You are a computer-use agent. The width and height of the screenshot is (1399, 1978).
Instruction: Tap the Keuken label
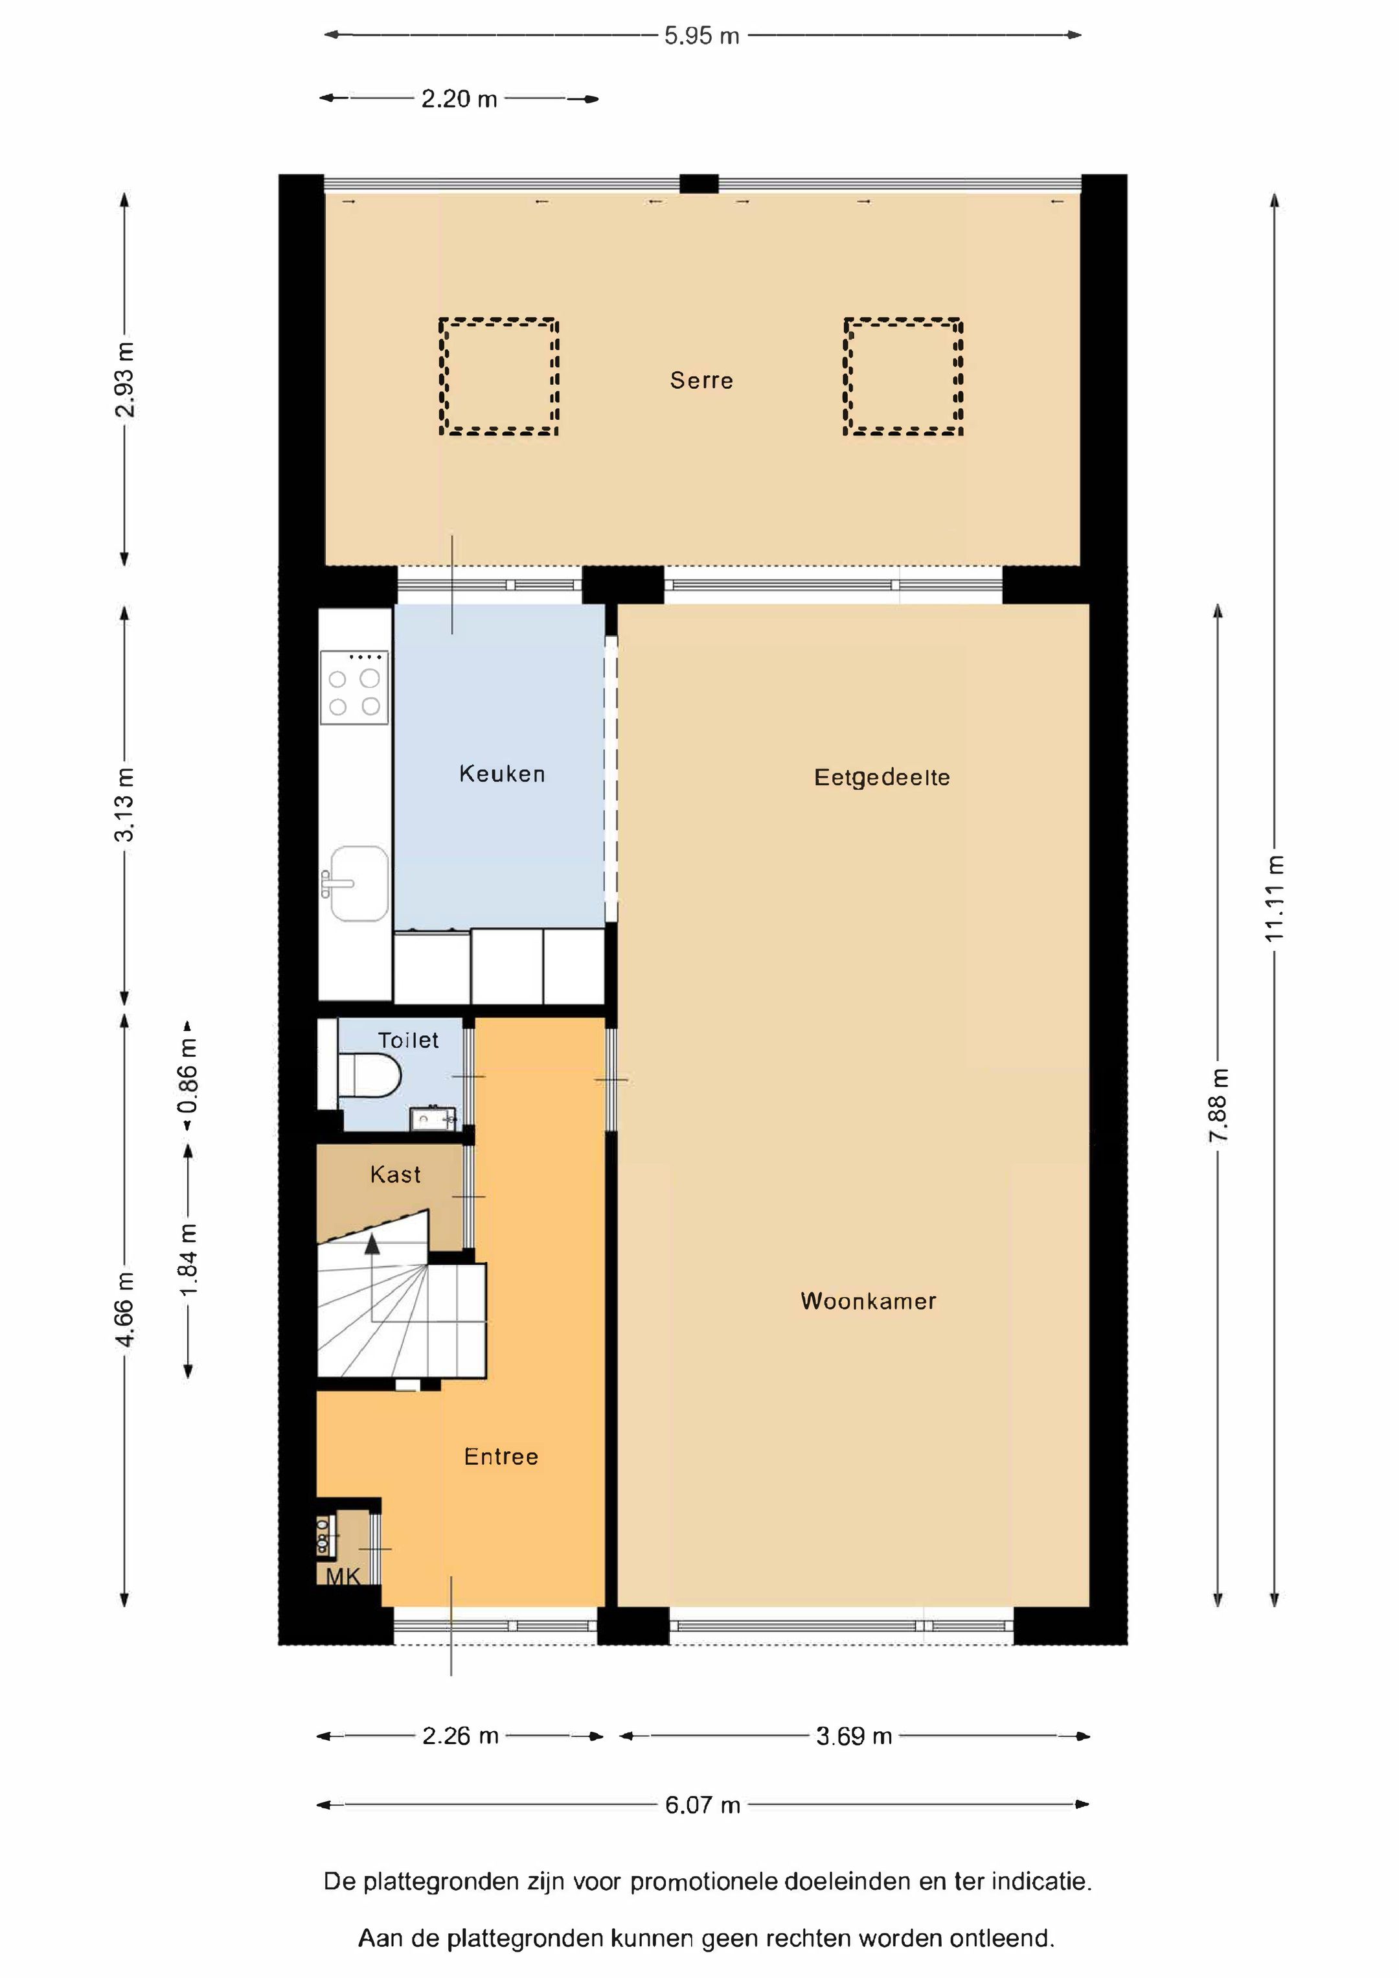[502, 774]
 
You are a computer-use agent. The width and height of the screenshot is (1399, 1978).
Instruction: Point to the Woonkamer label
[869, 1301]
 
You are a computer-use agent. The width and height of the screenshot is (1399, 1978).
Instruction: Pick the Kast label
[395, 1174]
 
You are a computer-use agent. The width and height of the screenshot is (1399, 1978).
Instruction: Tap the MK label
[343, 1576]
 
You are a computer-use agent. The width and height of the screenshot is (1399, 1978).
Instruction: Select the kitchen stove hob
[354, 687]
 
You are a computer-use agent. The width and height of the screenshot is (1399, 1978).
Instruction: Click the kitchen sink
[359, 883]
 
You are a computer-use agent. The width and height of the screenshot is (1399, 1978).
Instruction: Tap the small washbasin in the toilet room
[433, 1118]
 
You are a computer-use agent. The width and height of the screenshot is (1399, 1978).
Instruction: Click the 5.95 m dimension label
[701, 36]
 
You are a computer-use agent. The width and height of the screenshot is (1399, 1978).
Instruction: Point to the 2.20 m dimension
[459, 99]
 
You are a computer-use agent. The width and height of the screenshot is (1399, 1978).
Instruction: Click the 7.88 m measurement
[1219, 1105]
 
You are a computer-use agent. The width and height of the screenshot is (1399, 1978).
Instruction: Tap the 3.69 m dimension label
[854, 1736]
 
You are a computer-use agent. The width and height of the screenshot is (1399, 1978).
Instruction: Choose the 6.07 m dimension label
[702, 1805]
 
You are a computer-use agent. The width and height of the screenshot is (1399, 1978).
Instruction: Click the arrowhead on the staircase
[372, 1243]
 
